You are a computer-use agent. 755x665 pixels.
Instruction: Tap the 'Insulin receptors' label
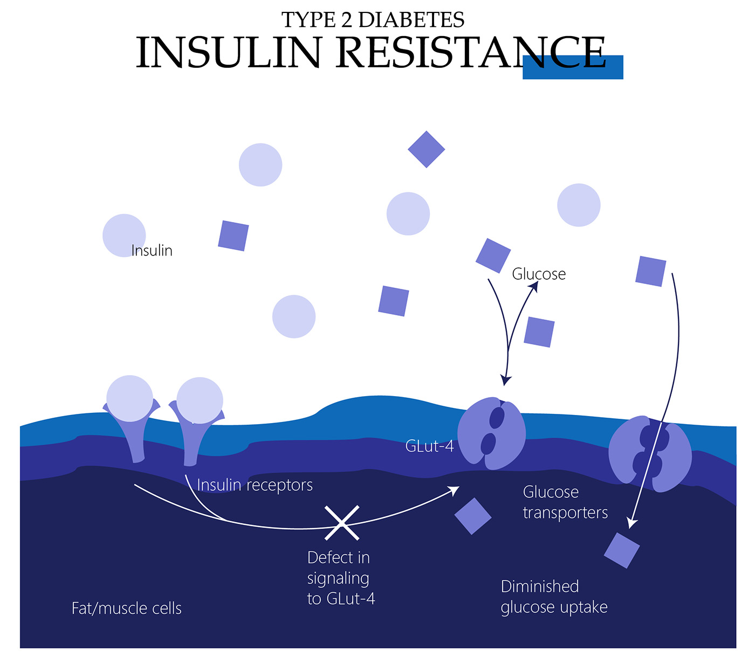(x=255, y=485)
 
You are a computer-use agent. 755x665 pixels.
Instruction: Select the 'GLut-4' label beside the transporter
(x=429, y=446)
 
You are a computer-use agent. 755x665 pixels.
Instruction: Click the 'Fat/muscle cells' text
(x=127, y=608)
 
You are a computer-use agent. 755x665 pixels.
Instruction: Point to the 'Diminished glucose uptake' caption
(x=554, y=597)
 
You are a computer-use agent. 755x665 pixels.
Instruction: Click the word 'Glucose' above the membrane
(x=539, y=274)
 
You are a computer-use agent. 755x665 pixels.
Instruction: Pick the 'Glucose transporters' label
(x=565, y=502)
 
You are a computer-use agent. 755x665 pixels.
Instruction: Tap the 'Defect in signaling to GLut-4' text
(x=341, y=578)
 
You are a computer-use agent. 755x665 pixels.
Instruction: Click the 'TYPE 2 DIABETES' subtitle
(x=373, y=20)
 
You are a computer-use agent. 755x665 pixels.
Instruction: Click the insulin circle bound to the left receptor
(x=129, y=398)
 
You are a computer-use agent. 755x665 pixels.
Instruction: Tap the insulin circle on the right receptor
(x=200, y=400)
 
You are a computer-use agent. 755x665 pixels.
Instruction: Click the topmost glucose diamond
(x=426, y=149)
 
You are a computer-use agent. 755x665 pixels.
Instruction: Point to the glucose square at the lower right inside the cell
(x=621, y=550)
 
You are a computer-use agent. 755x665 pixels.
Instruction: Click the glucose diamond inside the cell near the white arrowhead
(x=473, y=516)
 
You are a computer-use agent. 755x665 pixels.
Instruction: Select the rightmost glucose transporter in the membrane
(x=650, y=453)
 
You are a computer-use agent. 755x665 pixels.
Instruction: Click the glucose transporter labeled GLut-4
(x=491, y=433)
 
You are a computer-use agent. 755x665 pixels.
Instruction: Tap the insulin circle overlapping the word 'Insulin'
(x=124, y=235)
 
